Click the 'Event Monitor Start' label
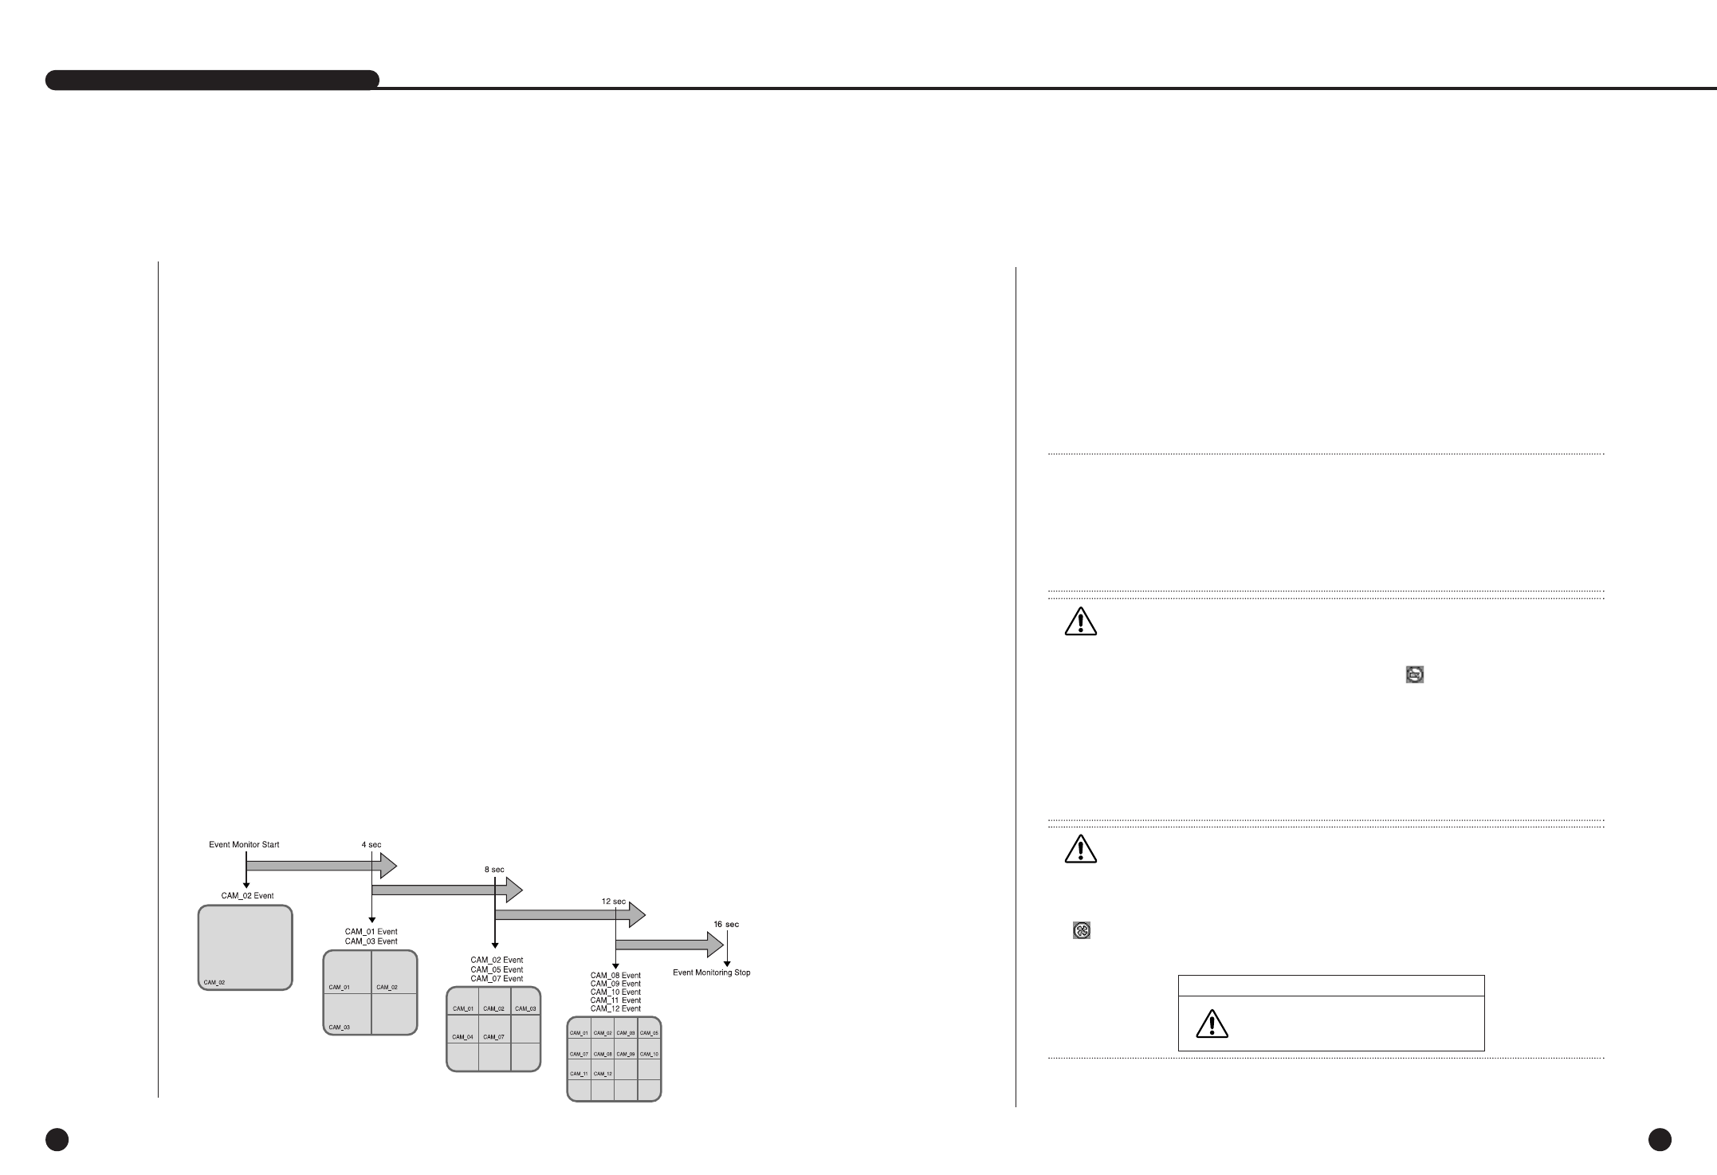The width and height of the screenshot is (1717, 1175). (x=244, y=845)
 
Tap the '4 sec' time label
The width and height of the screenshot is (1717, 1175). (x=371, y=845)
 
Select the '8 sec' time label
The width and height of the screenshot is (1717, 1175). (x=494, y=870)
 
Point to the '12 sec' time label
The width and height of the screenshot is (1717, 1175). (x=614, y=901)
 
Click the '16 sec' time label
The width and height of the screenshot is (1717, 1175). (x=726, y=925)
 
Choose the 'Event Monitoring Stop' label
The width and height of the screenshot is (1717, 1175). (x=712, y=973)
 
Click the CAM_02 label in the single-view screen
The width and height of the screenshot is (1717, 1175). (x=214, y=982)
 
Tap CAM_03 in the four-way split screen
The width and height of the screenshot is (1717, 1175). (x=340, y=1028)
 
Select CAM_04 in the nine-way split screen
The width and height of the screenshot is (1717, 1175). (x=463, y=1037)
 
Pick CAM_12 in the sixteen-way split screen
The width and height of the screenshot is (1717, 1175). (x=603, y=1074)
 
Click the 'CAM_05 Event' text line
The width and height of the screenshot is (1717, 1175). (x=497, y=970)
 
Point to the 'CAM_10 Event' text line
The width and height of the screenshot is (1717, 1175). (x=615, y=992)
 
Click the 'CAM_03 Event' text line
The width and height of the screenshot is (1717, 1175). (x=371, y=941)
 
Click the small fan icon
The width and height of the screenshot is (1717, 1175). (x=1082, y=930)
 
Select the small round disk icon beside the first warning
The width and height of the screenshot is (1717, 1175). (x=1415, y=674)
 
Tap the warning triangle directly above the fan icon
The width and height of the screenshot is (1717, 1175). (x=1080, y=849)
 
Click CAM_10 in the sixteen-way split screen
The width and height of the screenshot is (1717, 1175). (x=650, y=1055)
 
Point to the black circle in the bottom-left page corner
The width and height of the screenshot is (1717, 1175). (x=57, y=1140)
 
